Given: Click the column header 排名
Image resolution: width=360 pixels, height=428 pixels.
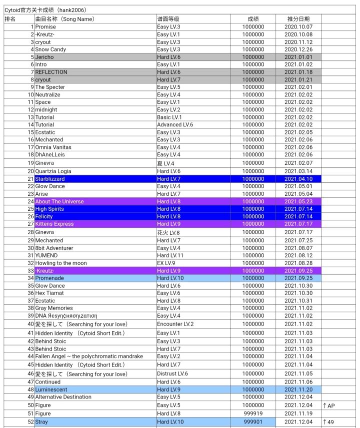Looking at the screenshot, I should pyautogui.click(x=10, y=19).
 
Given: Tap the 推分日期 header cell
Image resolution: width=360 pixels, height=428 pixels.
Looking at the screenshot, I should pyautogui.click(x=298, y=19).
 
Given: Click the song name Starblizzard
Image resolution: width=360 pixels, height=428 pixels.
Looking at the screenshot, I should pyautogui.click(x=50, y=179).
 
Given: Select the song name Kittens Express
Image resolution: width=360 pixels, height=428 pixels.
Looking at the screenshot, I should pyautogui.click(x=54, y=224).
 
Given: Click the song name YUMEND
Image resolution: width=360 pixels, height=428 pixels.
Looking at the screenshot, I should pyautogui.click(x=46, y=255).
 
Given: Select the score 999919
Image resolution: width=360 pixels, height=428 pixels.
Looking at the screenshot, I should pyautogui.click(x=253, y=414).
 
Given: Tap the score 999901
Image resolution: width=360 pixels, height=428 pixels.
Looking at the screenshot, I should pyautogui.click(x=253, y=422).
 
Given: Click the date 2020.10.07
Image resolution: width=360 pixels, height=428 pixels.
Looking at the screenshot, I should pyautogui.click(x=298, y=27).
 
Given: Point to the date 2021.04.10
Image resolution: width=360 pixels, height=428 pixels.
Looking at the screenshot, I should pyautogui.click(x=298, y=179).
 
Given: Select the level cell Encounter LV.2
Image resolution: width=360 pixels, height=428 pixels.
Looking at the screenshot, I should pyautogui.click(x=175, y=324).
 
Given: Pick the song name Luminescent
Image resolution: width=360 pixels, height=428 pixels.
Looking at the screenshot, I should pyautogui.click(x=51, y=389).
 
